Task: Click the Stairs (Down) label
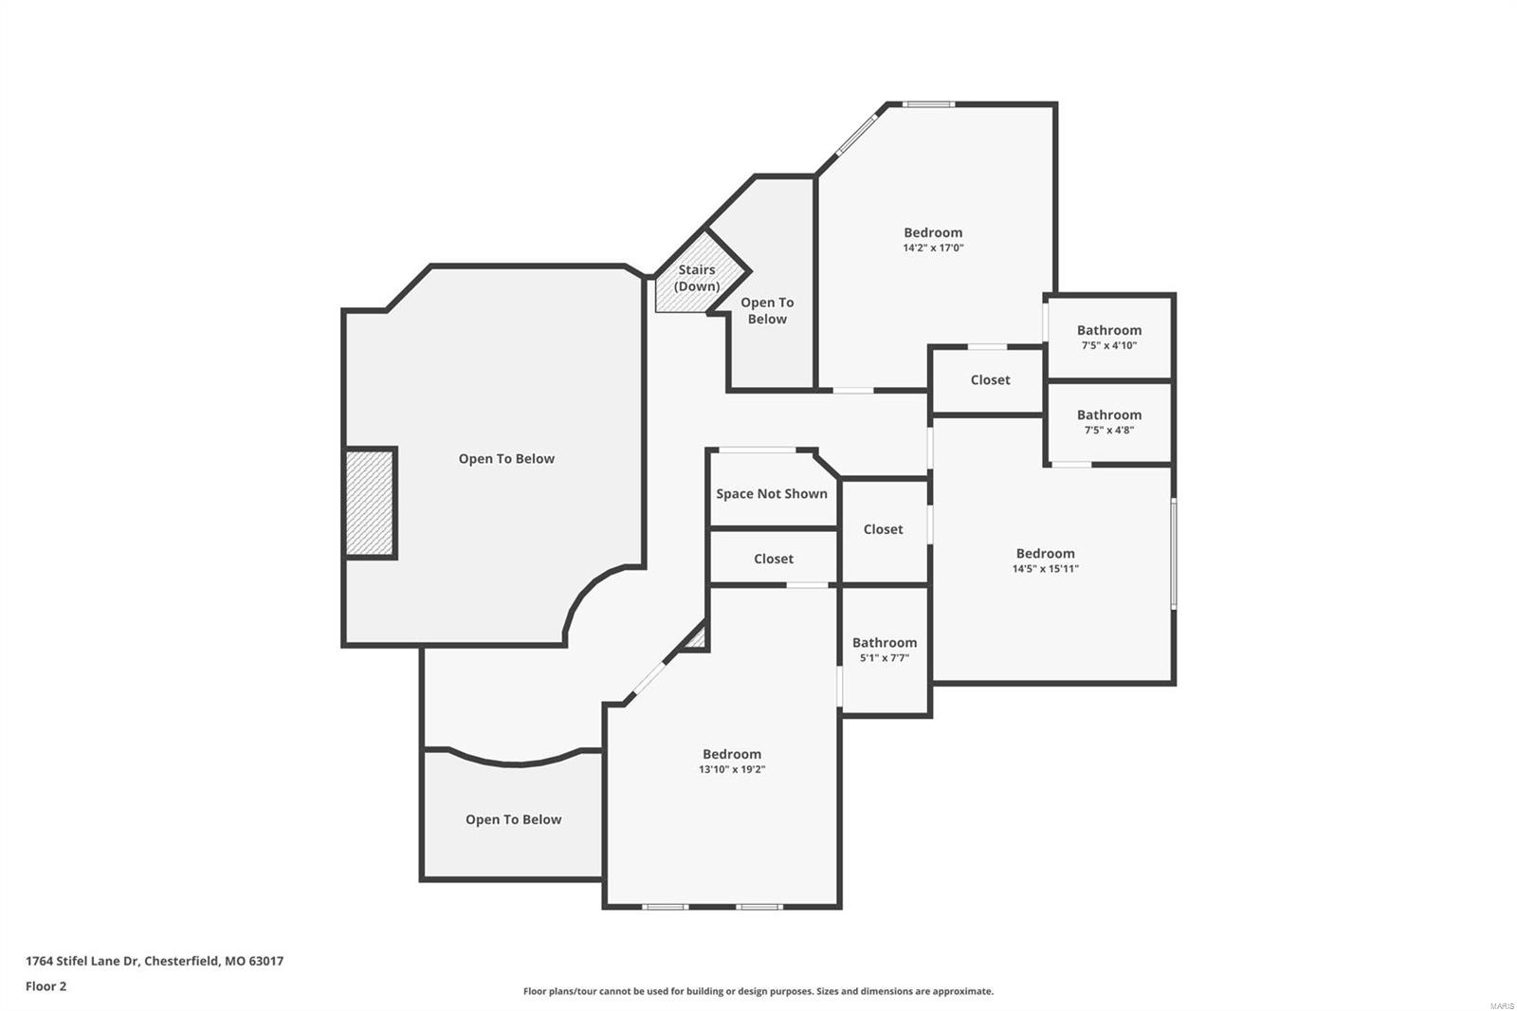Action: [696, 278]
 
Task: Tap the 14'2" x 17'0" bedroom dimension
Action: [933, 248]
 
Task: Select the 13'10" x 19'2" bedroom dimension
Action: [731, 770]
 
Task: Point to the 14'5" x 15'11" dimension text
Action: [1045, 569]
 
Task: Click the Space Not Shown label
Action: [771, 494]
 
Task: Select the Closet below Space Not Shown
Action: [773, 560]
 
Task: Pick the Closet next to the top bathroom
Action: [990, 380]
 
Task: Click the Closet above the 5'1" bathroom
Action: [883, 530]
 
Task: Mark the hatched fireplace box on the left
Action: [369, 503]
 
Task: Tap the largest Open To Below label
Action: [506, 459]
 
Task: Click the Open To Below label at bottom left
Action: [513, 820]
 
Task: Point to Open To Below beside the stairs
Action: [766, 311]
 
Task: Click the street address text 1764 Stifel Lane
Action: [155, 961]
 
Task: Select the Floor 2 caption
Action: [46, 986]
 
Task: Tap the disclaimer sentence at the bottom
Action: [758, 991]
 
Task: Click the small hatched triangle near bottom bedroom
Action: [697, 638]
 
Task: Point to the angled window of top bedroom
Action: [856, 133]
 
